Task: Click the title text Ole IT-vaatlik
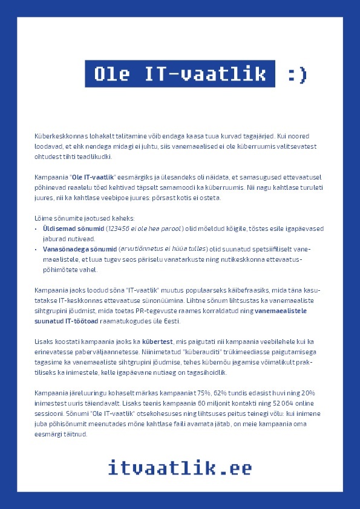pyautogui.click(x=180, y=74)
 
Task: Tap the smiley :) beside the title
pyautogui.click(x=297, y=74)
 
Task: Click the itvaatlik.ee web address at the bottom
pyautogui.click(x=180, y=467)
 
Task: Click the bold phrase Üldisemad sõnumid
pyautogui.click(x=73, y=228)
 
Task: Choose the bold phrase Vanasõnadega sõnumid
pyautogui.click(x=79, y=248)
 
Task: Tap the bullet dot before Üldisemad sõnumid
pyautogui.click(x=36, y=229)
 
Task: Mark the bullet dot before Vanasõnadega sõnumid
pyautogui.click(x=36, y=249)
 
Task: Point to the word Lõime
pyautogui.click(x=43, y=218)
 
